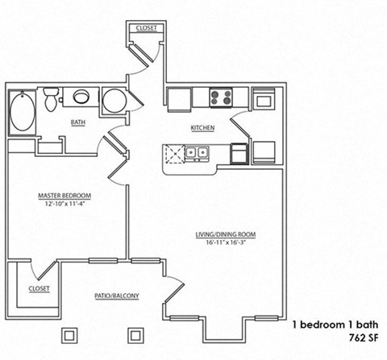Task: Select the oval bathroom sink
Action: click(x=81, y=98)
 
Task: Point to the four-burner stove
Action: click(x=221, y=98)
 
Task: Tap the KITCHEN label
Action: click(x=202, y=128)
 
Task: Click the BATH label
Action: click(x=77, y=123)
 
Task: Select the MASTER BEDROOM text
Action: click(x=64, y=196)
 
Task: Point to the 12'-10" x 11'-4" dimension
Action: click(x=64, y=204)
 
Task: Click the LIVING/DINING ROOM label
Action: click(x=225, y=235)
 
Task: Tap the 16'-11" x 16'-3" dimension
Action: click(x=225, y=243)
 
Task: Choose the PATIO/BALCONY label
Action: click(x=117, y=296)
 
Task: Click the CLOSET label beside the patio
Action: click(x=39, y=288)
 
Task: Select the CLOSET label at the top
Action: click(x=147, y=27)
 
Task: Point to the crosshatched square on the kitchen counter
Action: click(x=173, y=153)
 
